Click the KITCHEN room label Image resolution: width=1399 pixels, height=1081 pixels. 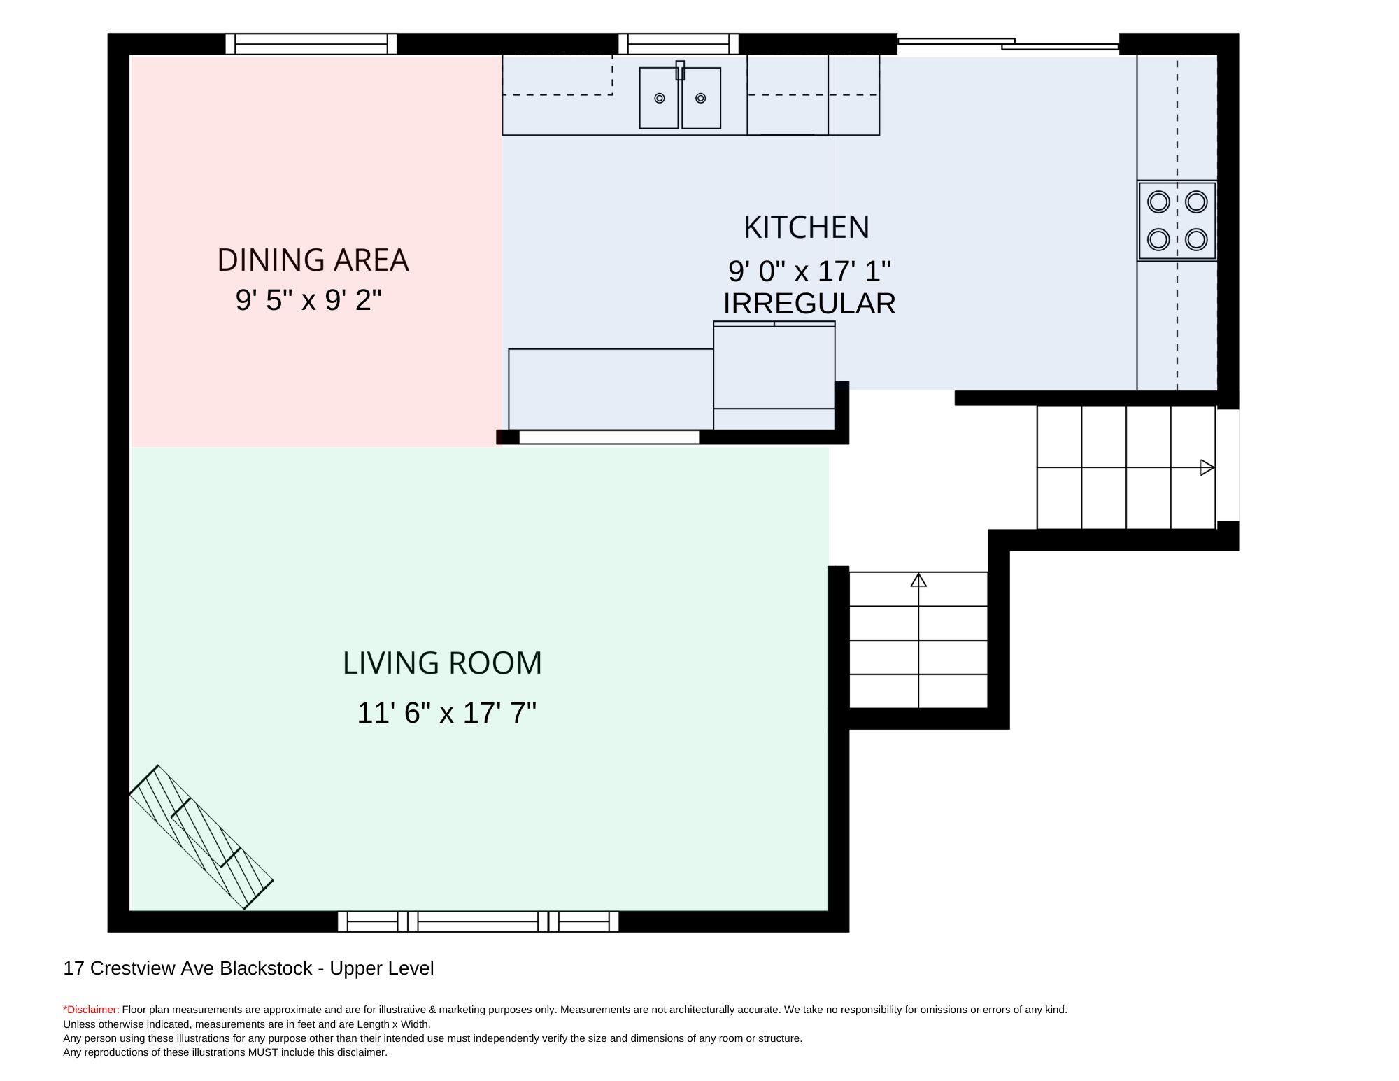(807, 227)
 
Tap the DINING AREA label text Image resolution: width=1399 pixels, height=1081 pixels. (313, 260)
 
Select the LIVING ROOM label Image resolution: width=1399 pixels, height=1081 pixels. (442, 663)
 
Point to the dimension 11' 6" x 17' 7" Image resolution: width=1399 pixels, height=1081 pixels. (446, 713)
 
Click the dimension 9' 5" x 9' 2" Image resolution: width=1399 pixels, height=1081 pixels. (308, 300)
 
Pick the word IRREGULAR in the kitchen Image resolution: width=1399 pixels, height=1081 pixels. (809, 304)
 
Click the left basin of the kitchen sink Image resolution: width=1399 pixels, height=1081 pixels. (659, 98)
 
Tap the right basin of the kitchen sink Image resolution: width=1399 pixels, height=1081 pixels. (701, 98)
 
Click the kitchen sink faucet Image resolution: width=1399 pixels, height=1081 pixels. (680, 70)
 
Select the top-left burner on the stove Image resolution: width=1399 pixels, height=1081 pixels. (1159, 202)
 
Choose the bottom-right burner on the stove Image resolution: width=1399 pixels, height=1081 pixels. (1196, 239)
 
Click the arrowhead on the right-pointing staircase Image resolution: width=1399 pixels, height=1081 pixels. (1207, 467)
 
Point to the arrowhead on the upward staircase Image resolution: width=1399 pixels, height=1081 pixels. (918, 580)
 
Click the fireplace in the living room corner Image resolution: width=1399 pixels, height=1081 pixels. (201, 837)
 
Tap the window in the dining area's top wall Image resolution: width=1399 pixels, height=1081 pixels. (311, 44)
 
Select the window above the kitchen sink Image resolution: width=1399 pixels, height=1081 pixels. (679, 44)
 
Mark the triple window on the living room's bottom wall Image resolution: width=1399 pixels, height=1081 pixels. (478, 921)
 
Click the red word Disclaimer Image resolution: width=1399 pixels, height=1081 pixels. (92, 1010)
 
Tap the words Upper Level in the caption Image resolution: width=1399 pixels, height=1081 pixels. (382, 968)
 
